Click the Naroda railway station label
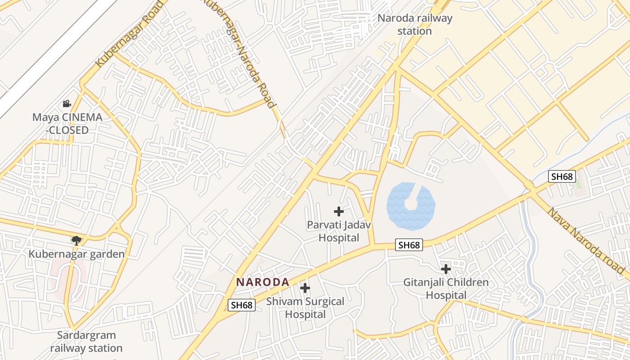[414, 25]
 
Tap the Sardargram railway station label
[86, 342]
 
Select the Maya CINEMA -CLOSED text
[67, 124]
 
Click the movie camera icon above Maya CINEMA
[67, 104]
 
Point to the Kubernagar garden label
[76, 254]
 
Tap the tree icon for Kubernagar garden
[76, 240]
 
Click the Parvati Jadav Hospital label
[339, 231]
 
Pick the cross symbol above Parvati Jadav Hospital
[339, 211]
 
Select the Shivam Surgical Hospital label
[305, 308]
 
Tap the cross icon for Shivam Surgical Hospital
[305, 288]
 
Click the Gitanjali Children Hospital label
[445, 289]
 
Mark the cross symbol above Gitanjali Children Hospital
[445, 269]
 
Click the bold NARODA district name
[263, 282]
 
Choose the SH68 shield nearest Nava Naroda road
[562, 176]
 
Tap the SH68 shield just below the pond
[409, 245]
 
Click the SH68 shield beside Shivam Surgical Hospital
[241, 305]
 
